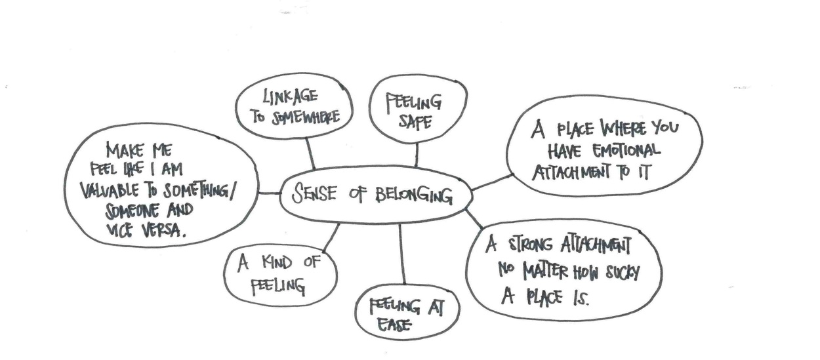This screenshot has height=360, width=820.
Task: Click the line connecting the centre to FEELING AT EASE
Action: point(401,252)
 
